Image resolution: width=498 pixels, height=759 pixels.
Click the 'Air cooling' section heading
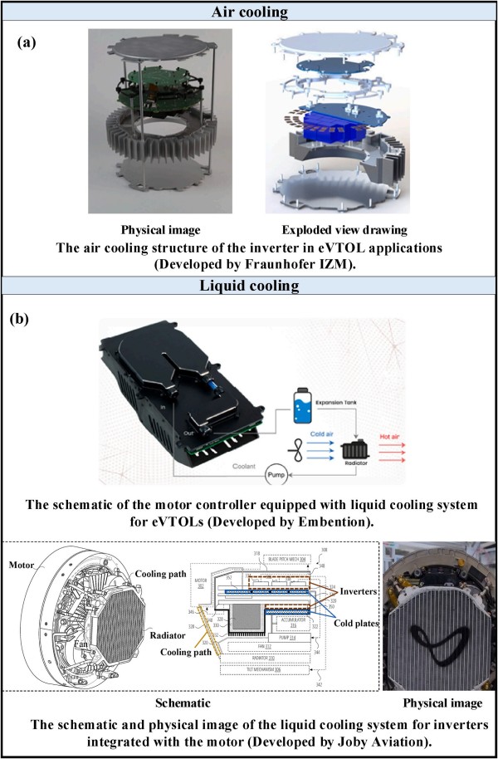click(249, 11)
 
